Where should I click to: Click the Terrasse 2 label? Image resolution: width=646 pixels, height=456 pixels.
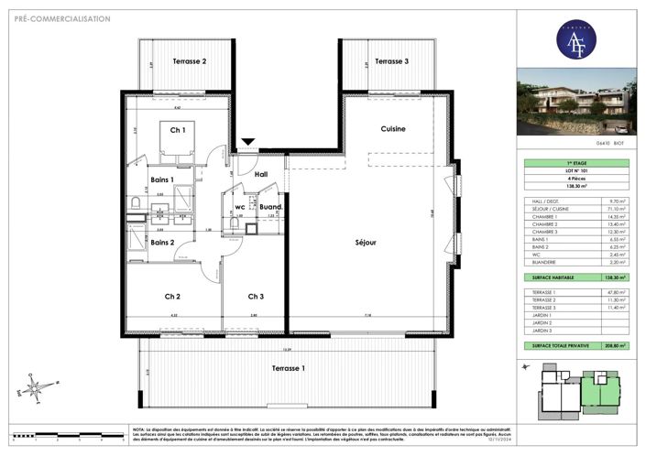tap(190, 61)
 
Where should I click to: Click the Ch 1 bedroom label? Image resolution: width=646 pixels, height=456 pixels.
tap(177, 130)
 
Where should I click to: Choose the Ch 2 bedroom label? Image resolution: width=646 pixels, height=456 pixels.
tap(172, 296)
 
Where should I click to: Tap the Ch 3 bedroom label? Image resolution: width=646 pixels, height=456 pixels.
tap(256, 296)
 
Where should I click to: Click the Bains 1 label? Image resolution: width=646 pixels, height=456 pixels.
tap(162, 179)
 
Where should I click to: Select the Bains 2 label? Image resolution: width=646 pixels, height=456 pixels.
tap(163, 243)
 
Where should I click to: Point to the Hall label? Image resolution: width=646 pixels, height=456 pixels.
tap(261, 173)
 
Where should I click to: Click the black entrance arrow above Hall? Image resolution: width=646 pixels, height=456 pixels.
tap(247, 143)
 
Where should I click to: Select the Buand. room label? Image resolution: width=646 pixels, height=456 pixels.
tap(270, 207)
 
